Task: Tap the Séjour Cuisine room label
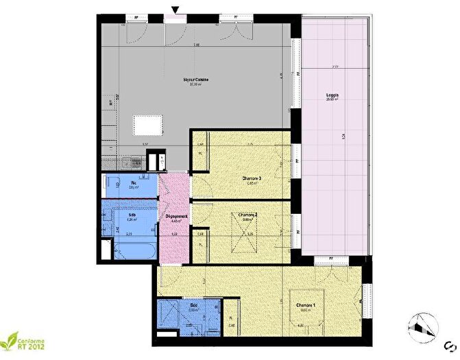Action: tap(195, 80)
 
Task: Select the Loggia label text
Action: tap(333, 96)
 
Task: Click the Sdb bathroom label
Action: tap(133, 215)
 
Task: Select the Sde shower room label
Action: tap(193, 307)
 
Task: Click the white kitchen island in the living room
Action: tap(148, 125)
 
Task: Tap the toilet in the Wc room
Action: tap(110, 184)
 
